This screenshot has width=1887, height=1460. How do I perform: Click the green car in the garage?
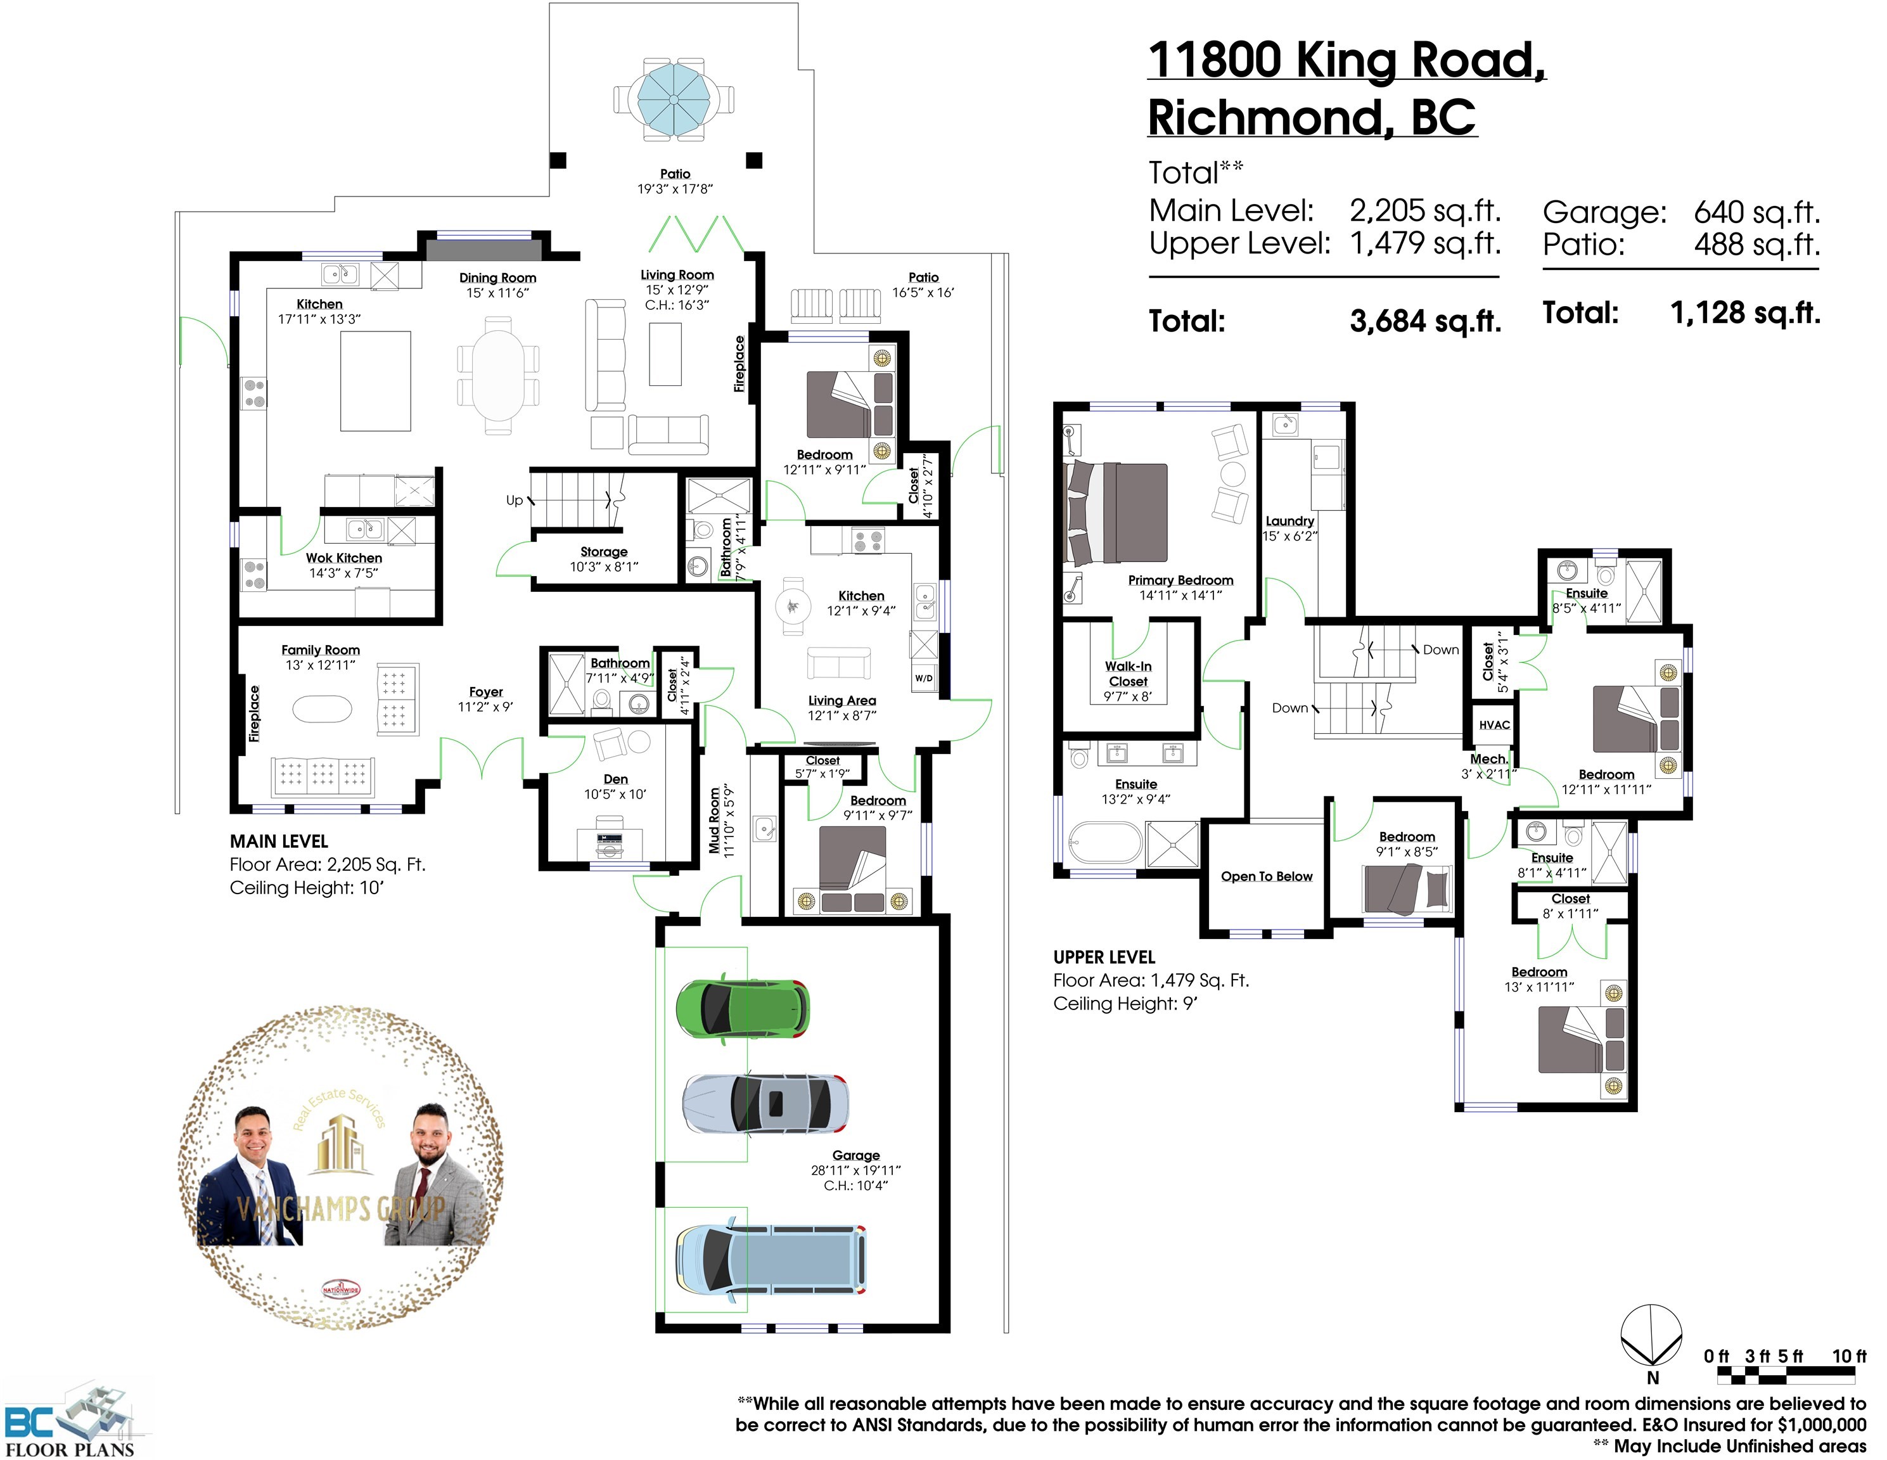742,1008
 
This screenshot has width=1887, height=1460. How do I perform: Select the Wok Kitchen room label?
344,558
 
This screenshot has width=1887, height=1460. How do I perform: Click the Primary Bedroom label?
1180,580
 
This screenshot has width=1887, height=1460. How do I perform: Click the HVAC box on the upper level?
1494,725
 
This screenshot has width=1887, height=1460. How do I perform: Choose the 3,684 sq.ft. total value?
1426,321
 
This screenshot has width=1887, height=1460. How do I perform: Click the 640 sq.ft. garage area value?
1756,212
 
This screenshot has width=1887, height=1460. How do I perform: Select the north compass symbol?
1651,1337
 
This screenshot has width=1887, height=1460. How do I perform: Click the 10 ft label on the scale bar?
1849,1356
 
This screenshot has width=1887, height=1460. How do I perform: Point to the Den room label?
615,779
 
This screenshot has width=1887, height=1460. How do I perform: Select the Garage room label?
856,1155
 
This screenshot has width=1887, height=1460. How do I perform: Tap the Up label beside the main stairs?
514,500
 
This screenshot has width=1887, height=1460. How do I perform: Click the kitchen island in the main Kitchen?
375,381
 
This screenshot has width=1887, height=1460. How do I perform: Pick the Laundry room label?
1290,521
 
